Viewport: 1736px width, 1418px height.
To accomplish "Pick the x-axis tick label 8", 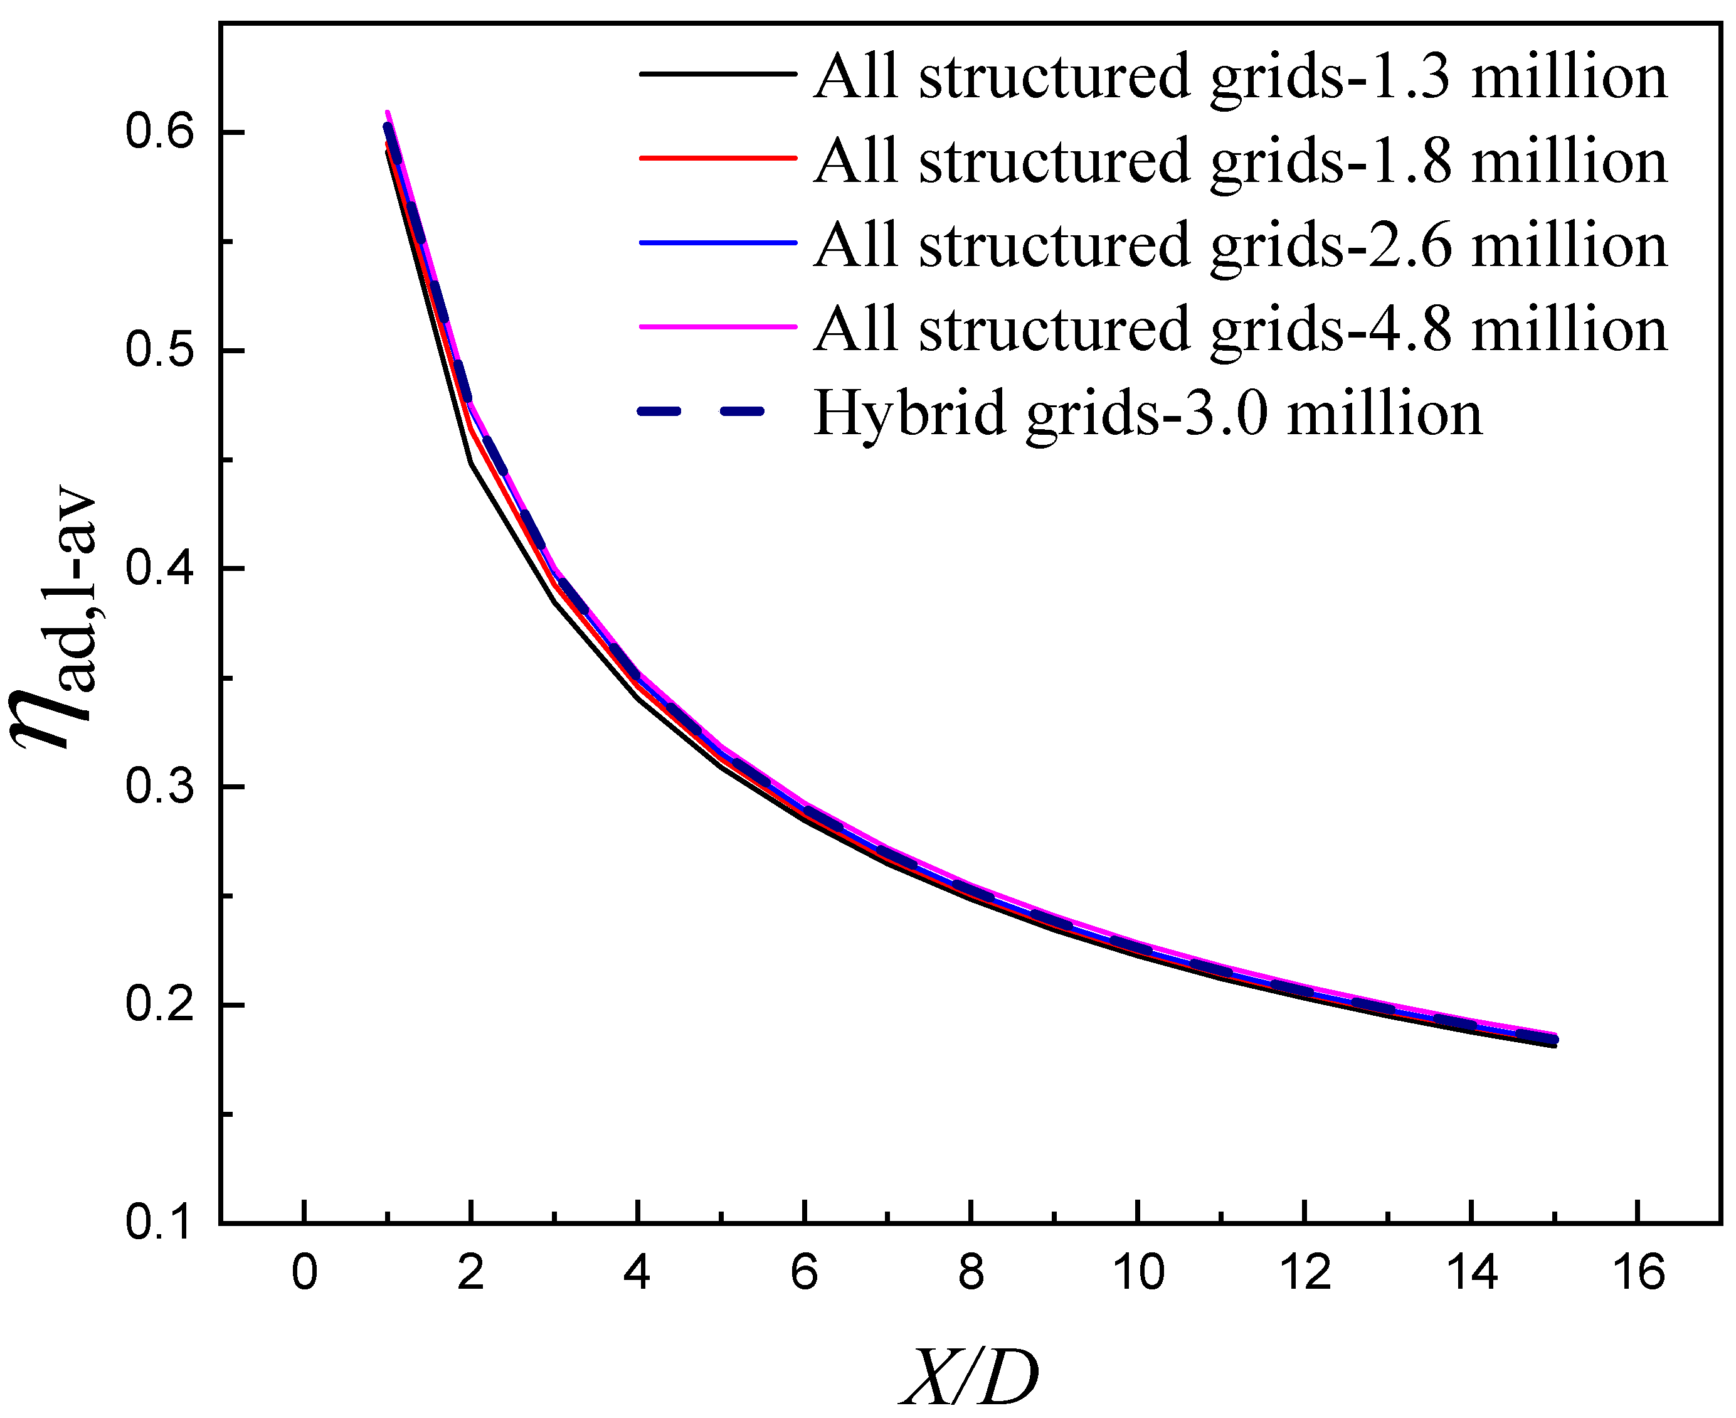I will (x=970, y=1272).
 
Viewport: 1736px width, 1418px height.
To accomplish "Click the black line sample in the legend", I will (x=717, y=73).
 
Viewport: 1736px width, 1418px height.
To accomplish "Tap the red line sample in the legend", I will (x=717, y=157).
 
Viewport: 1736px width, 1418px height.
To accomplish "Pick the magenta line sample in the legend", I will (x=717, y=327).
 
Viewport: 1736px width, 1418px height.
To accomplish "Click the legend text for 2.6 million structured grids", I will (x=1239, y=244).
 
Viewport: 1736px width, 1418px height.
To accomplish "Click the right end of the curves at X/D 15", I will (x=1555, y=1040).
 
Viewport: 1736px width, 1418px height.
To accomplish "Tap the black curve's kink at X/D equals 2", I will (x=471, y=463).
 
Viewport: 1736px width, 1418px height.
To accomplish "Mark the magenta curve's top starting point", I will (x=387, y=112).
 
